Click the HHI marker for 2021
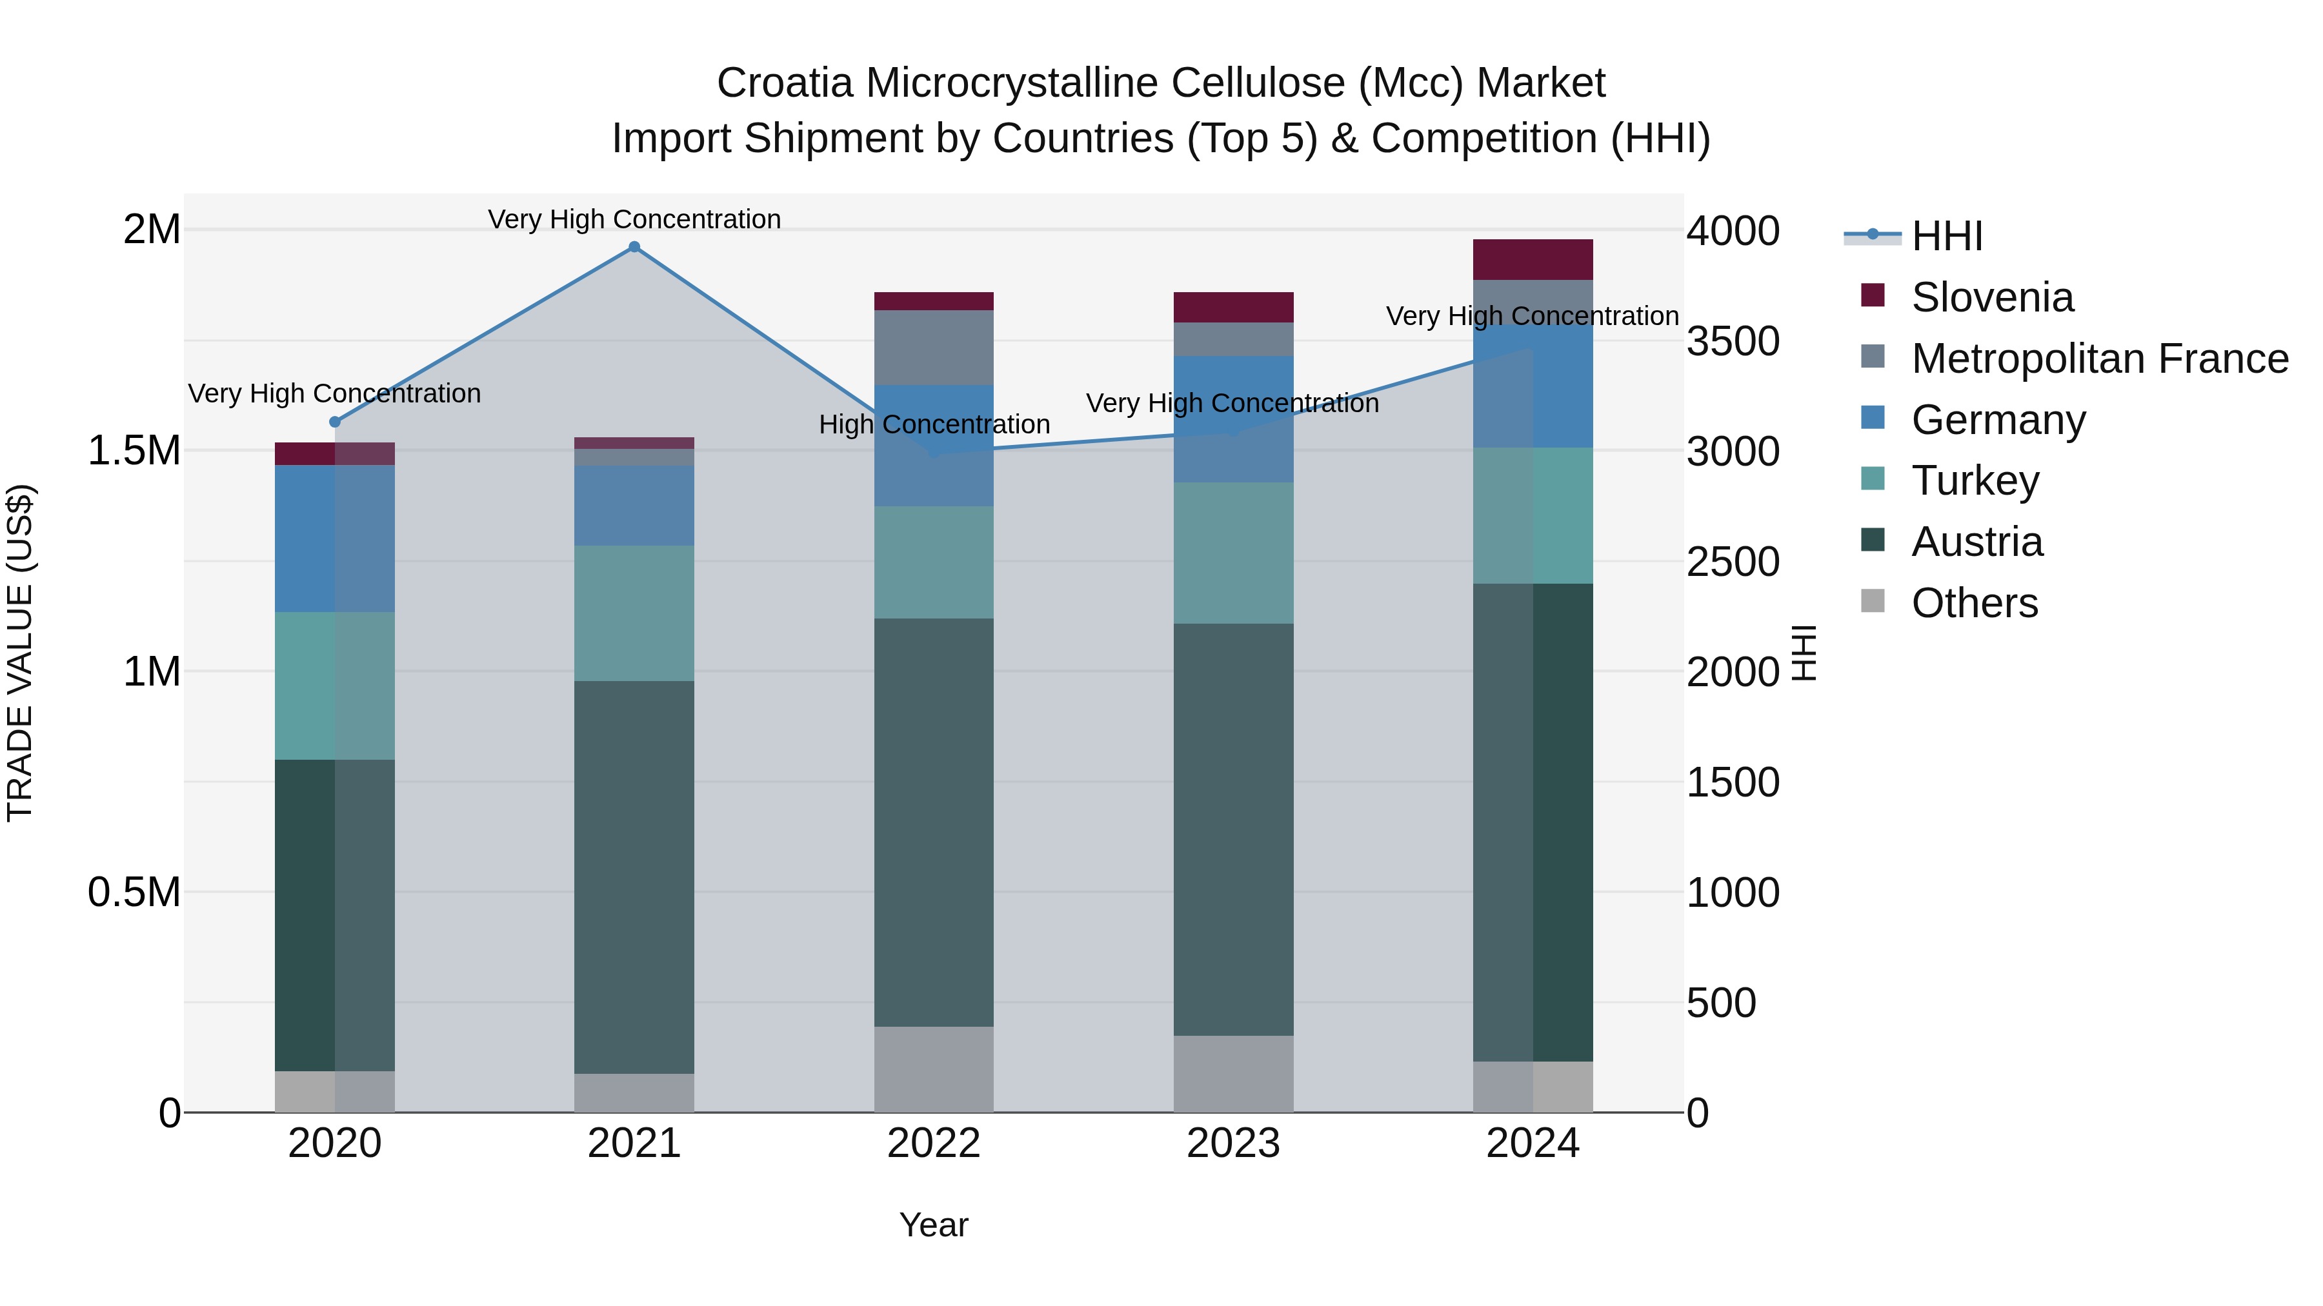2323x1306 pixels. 634,247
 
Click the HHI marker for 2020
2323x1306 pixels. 334,422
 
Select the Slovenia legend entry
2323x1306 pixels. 1991,297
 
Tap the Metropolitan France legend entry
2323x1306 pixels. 2098,359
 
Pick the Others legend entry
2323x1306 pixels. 1973,603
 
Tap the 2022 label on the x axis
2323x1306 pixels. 933,1143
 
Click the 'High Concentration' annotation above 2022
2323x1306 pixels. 934,424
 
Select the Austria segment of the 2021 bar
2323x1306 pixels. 634,876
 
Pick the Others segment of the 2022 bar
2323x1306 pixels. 933,1069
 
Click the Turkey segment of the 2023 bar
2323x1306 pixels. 1232,553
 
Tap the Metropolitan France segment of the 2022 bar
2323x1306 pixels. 933,348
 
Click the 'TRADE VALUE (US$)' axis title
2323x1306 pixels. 20,653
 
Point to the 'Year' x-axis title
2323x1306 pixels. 933,1225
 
